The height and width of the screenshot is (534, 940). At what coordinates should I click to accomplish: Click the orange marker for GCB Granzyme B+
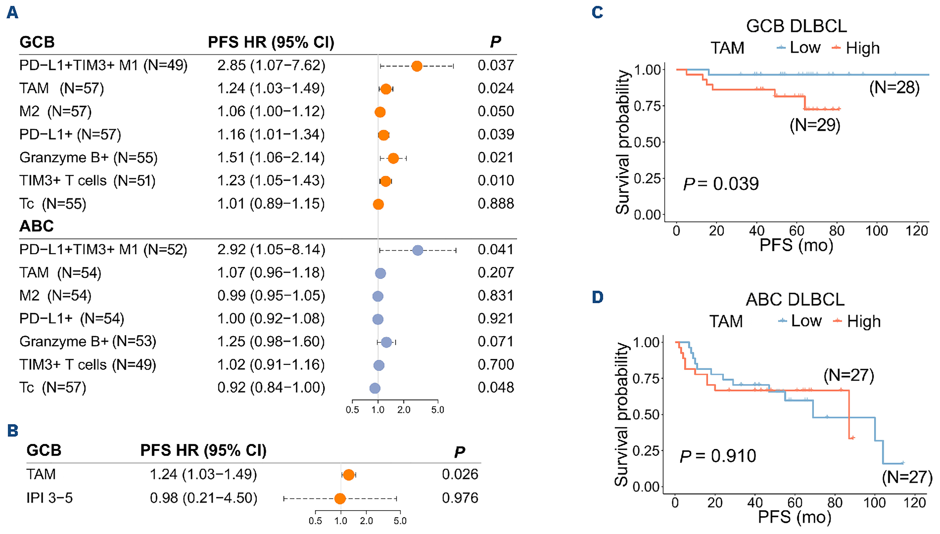coord(393,158)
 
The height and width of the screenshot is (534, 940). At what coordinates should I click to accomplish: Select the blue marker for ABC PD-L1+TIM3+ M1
coord(417,250)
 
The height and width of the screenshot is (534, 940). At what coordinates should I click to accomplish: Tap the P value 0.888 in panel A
coord(496,204)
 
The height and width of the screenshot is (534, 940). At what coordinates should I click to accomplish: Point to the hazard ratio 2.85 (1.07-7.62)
coord(271,65)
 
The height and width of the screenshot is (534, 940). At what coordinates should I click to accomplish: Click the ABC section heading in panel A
coord(36,226)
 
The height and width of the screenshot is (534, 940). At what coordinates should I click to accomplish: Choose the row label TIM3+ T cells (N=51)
coord(87,181)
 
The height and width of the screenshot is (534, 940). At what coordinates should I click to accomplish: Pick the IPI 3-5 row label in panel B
coord(50,498)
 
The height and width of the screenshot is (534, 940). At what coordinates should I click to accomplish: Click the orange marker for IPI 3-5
coord(340,498)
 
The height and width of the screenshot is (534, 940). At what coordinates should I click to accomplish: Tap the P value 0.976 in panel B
coord(460,498)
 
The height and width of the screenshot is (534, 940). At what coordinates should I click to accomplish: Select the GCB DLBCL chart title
coord(796,26)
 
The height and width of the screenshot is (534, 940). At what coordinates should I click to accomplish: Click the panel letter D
coord(597,297)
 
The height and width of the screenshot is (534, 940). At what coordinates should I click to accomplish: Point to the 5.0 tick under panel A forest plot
coord(437,410)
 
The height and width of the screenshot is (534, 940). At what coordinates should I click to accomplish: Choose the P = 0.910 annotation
coord(718,456)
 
